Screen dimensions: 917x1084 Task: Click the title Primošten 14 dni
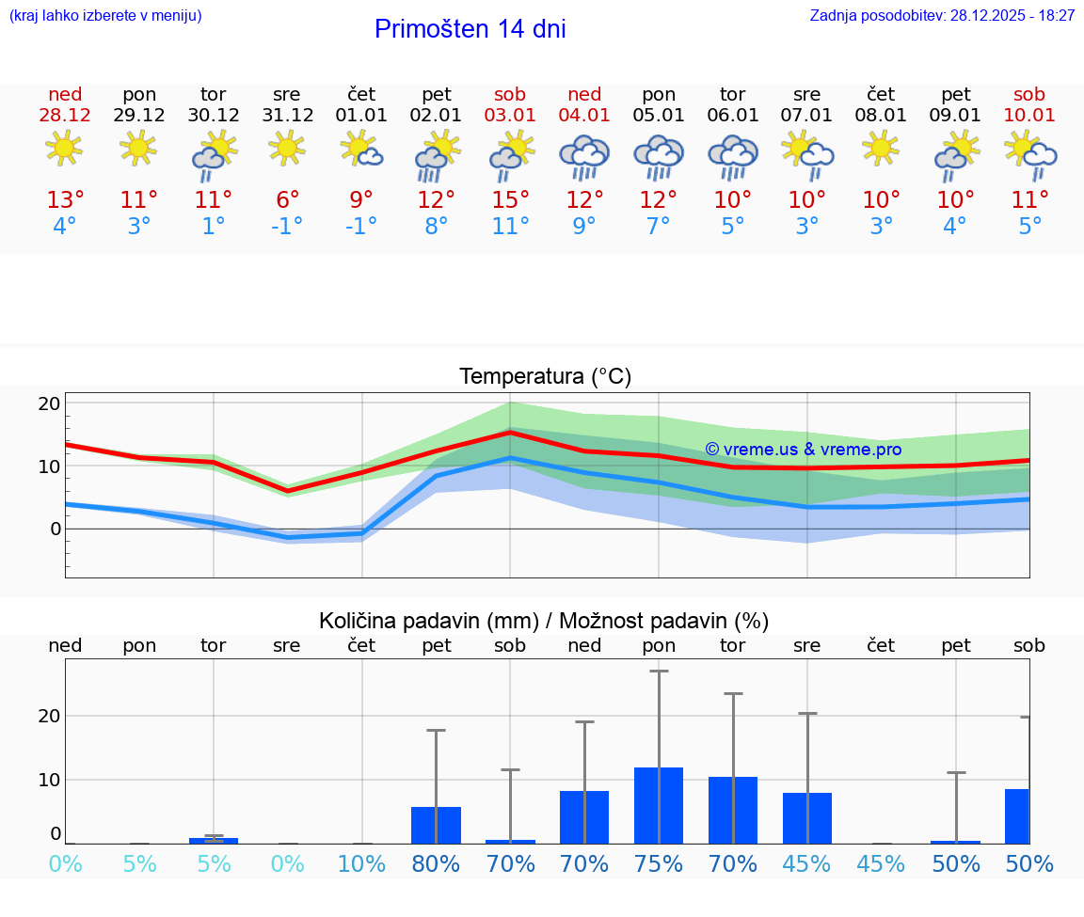(x=470, y=29)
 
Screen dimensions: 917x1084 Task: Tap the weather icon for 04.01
(x=584, y=156)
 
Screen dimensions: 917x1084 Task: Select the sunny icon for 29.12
(x=139, y=149)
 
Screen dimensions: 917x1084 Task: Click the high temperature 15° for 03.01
(x=510, y=200)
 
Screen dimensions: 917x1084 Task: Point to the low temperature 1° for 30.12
(x=214, y=227)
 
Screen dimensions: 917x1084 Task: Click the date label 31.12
(x=288, y=116)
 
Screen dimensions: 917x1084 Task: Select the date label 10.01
(x=1029, y=116)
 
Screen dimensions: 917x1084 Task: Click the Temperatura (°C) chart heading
(x=545, y=377)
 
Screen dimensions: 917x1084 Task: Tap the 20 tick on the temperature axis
(x=50, y=403)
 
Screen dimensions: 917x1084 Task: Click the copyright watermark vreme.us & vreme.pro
(x=803, y=450)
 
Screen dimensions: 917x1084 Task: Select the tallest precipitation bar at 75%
(x=659, y=805)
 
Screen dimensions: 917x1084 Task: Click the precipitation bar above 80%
(x=436, y=825)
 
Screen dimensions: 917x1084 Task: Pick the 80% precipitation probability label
(x=436, y=864)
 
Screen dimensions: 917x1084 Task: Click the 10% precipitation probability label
(x=361, y=864)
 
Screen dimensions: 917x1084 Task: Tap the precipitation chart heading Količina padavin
(x=544, y=621)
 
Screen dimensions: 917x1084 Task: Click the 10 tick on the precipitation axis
(x=50, y=780)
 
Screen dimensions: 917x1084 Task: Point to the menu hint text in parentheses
(x=105, y=16)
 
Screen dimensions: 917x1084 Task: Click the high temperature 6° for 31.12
(x=288, y=200)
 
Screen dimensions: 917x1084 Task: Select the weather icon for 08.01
(x=882, y=149)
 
